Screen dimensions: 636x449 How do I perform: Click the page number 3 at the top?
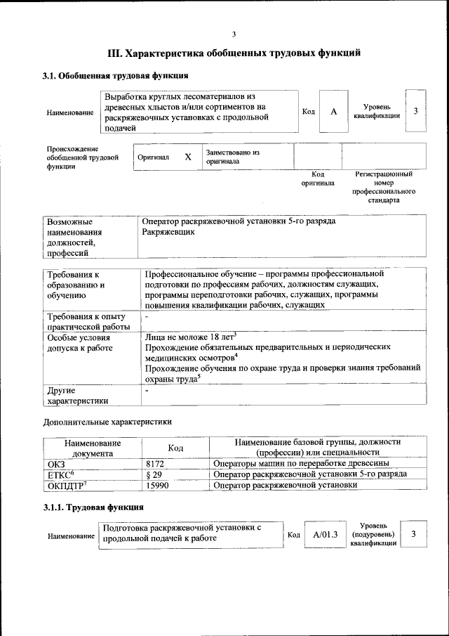coord(234,34)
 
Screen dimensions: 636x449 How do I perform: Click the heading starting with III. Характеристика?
coord(234,53)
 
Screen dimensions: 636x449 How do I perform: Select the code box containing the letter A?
coord(334,112)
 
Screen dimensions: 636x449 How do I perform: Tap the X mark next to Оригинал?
coord(187,157)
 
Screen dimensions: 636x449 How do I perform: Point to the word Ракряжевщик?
coord(168,232)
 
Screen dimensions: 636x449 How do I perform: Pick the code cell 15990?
coord(157,486)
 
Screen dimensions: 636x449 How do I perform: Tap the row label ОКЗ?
coord(55,463)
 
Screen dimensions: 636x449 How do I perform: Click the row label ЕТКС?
coord(60,474)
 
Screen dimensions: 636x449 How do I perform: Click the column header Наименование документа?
coord(93,448)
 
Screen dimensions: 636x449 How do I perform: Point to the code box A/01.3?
coord(326,534)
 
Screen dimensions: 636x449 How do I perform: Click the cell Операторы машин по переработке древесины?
coord(302,463)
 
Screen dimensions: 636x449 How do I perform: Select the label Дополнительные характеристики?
coord(107,422)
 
